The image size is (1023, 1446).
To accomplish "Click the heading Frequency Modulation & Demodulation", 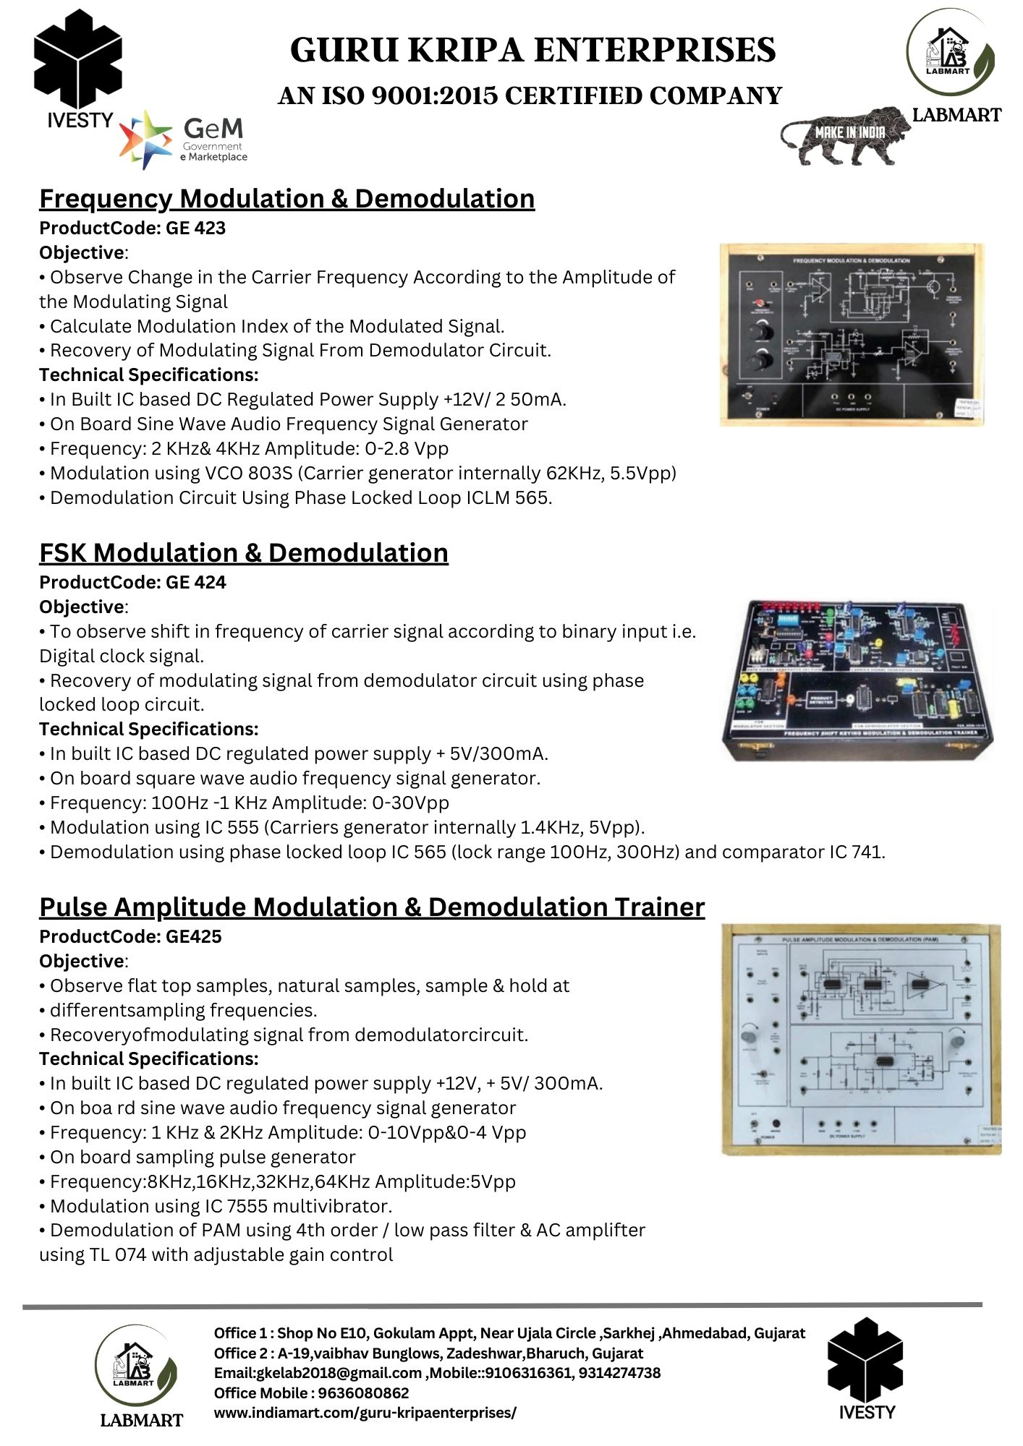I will point(286,199).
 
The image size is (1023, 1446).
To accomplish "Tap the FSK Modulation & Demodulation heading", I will point(243,553).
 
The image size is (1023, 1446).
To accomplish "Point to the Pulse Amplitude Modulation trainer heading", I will point(372,907).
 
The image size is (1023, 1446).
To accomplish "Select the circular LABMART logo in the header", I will point(950,54).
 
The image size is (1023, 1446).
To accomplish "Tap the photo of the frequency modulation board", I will point(852,335).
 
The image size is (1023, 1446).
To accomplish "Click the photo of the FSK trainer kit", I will point(857,680).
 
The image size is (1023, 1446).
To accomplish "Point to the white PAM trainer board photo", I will point(861,1039).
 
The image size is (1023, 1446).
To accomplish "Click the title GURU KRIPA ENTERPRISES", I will point(532,51).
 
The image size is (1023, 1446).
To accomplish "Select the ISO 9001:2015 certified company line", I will point(530,95).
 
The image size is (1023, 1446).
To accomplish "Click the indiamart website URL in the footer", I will point(365,1412).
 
